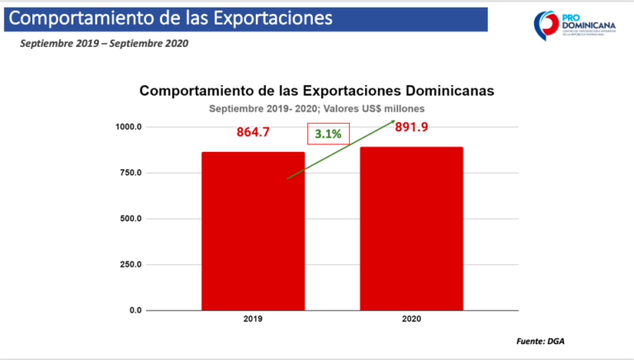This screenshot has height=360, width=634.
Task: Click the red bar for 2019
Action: (x=253, y=231)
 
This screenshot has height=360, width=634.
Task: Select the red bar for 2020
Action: (x=411, y=229)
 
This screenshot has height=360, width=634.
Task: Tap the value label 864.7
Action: (x=253, y=132)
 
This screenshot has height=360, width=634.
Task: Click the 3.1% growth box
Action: (x=329, y=134)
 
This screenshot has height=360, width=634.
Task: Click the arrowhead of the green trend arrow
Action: (x=391, y=122)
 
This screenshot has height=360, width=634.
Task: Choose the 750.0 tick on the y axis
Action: (x=130, y=173)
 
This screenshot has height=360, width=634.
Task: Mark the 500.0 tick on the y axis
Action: (x=130, y=219)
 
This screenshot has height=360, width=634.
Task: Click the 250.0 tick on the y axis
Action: (x=130, y=264)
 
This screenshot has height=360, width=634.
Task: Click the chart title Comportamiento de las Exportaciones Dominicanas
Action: (x=317, y=91)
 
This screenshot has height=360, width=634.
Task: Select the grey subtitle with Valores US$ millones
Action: (x=317, y=108)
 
